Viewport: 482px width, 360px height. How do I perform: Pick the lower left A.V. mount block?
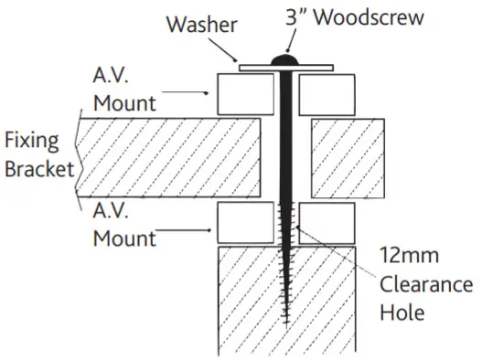[x=244, y=223]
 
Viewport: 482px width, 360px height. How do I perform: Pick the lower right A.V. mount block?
[x=327, y=223]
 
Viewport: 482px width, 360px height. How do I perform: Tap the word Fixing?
[x=31, y=141]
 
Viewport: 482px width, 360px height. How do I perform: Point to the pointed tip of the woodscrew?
[x=286, y=322]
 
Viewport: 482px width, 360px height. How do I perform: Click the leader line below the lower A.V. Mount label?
[x=183, y=239]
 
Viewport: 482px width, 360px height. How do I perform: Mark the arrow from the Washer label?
[x=233, y=47]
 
